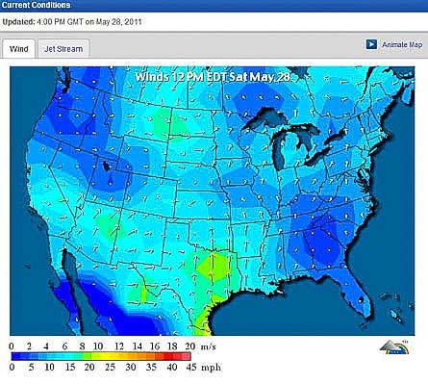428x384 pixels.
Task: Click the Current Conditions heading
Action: [36, 6]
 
